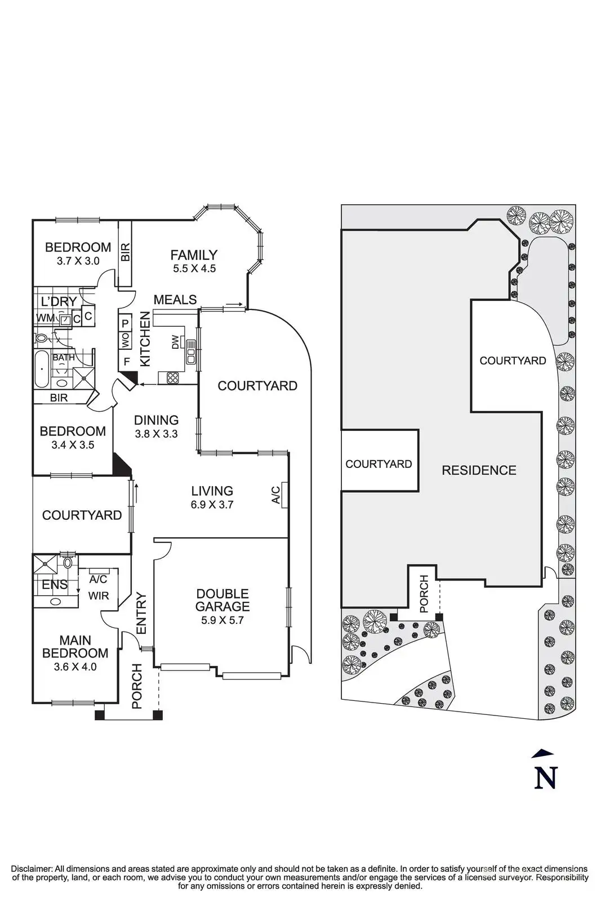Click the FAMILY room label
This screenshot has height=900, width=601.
point(194,255)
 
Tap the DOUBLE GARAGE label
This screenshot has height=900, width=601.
point(222,600)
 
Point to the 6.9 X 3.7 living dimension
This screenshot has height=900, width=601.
point(212,505)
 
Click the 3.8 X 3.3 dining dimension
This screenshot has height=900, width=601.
point(156,434)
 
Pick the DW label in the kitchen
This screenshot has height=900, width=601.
point(175,342)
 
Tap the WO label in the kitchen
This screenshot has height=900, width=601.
point(125,340)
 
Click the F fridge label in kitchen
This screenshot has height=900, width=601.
point(126,361)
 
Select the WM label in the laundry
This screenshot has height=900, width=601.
point(46,318)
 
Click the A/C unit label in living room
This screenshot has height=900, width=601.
point(276,493)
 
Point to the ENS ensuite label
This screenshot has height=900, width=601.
point(55,584)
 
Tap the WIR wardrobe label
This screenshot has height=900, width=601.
point(99,595)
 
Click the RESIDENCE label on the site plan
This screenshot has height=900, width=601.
point(479,470)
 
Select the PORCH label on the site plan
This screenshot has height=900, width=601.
point(424,593)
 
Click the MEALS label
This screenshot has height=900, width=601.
point(175,300)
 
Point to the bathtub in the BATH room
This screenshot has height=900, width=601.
point(42,370)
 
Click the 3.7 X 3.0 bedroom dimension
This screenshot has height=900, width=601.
point(78,261)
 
